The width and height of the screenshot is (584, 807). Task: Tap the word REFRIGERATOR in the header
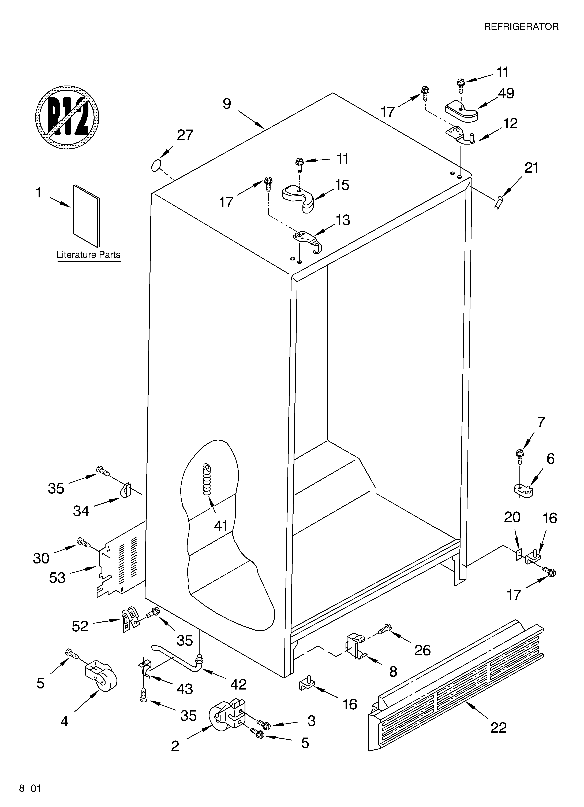(x=521, y=27)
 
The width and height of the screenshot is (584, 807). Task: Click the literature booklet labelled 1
(x=86, y=216)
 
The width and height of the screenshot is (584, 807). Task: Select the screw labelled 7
(x=520, y=457)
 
